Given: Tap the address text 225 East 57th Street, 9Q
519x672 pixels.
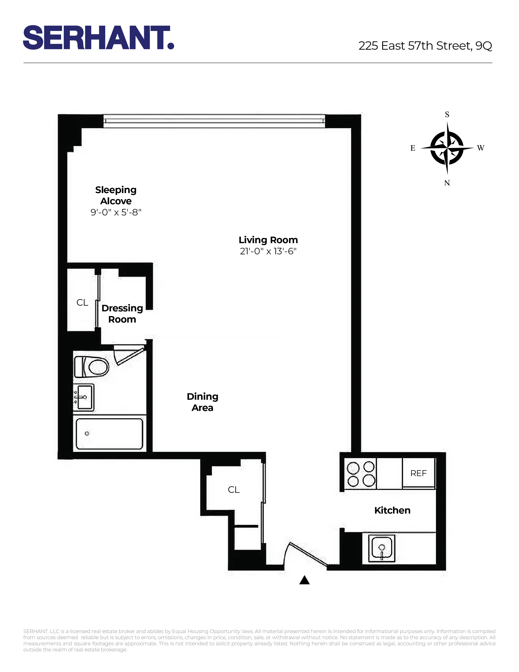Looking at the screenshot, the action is (425, 46).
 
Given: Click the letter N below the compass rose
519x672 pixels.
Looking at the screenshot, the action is (447, 183).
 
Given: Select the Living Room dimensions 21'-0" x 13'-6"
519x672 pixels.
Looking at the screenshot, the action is (268, 251).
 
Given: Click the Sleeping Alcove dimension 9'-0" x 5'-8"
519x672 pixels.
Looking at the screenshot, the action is (116, 212).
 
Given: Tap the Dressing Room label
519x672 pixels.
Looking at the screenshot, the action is (122, 314).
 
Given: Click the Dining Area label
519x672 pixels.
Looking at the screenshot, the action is (202, 402).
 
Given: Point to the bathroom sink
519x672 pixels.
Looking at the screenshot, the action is (84, 397).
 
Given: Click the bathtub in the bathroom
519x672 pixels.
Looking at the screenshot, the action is (109, 434).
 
